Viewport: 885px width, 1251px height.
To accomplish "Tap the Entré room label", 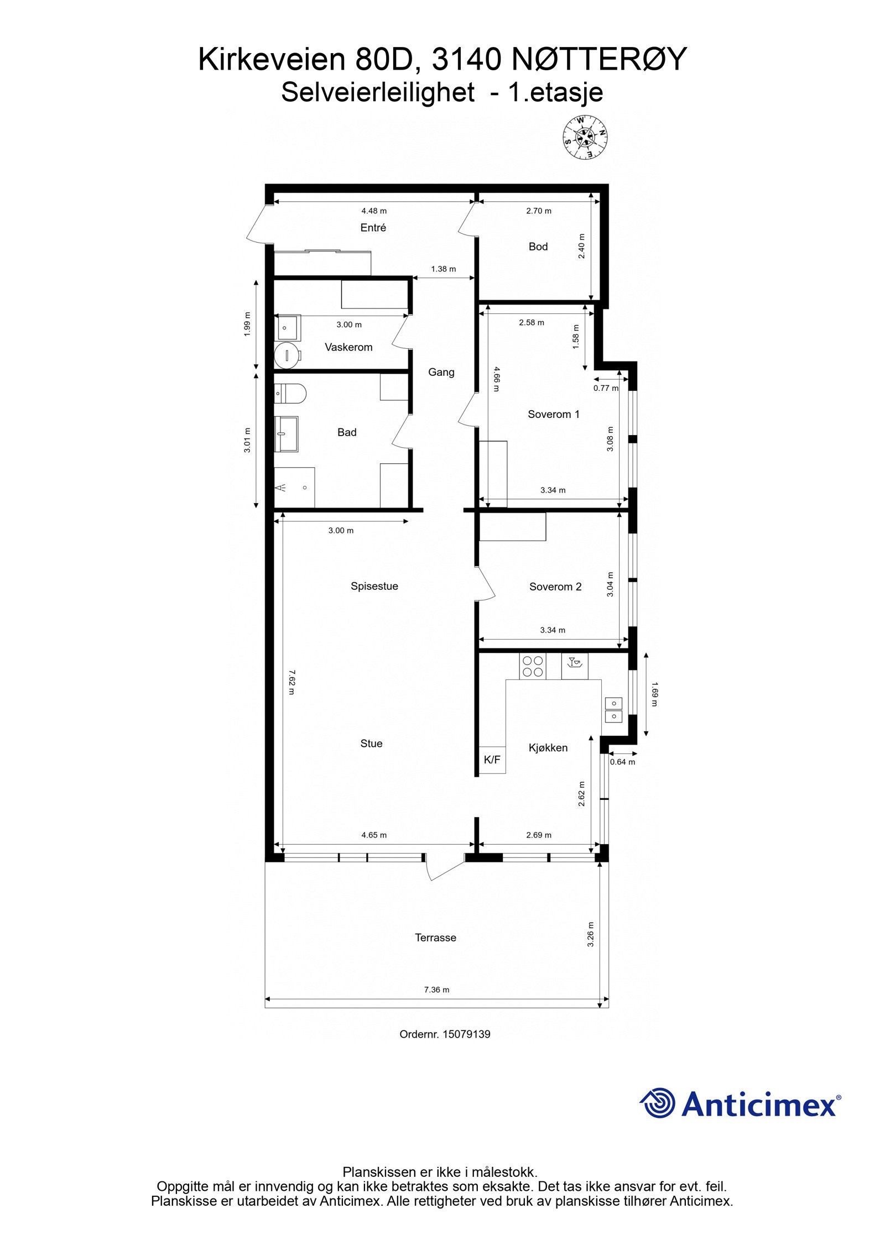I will (x=373, y=228).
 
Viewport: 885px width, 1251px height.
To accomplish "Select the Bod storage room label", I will (x=538, y=247).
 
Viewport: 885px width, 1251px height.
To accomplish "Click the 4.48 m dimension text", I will (x=374, y=211).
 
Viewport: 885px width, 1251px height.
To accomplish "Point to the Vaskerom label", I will (x=348, y=347).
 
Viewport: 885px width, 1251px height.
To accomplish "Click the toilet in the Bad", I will (x=291, y=394).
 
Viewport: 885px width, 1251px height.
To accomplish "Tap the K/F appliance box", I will (x=492, y=760).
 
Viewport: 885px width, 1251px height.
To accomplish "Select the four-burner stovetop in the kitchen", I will (x=532, y=666).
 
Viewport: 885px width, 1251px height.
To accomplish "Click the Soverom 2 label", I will (x=555, y=587).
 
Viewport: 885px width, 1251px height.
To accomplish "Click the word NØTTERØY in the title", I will (x=598, y=59).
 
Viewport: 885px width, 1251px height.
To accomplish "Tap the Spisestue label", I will (x=374, y=586).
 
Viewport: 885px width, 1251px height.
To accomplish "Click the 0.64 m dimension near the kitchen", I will (x=622, y=762).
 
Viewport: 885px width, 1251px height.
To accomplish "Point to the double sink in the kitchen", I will (x=613, y=710).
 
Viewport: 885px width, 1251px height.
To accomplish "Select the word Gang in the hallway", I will (x=441, y=372).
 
